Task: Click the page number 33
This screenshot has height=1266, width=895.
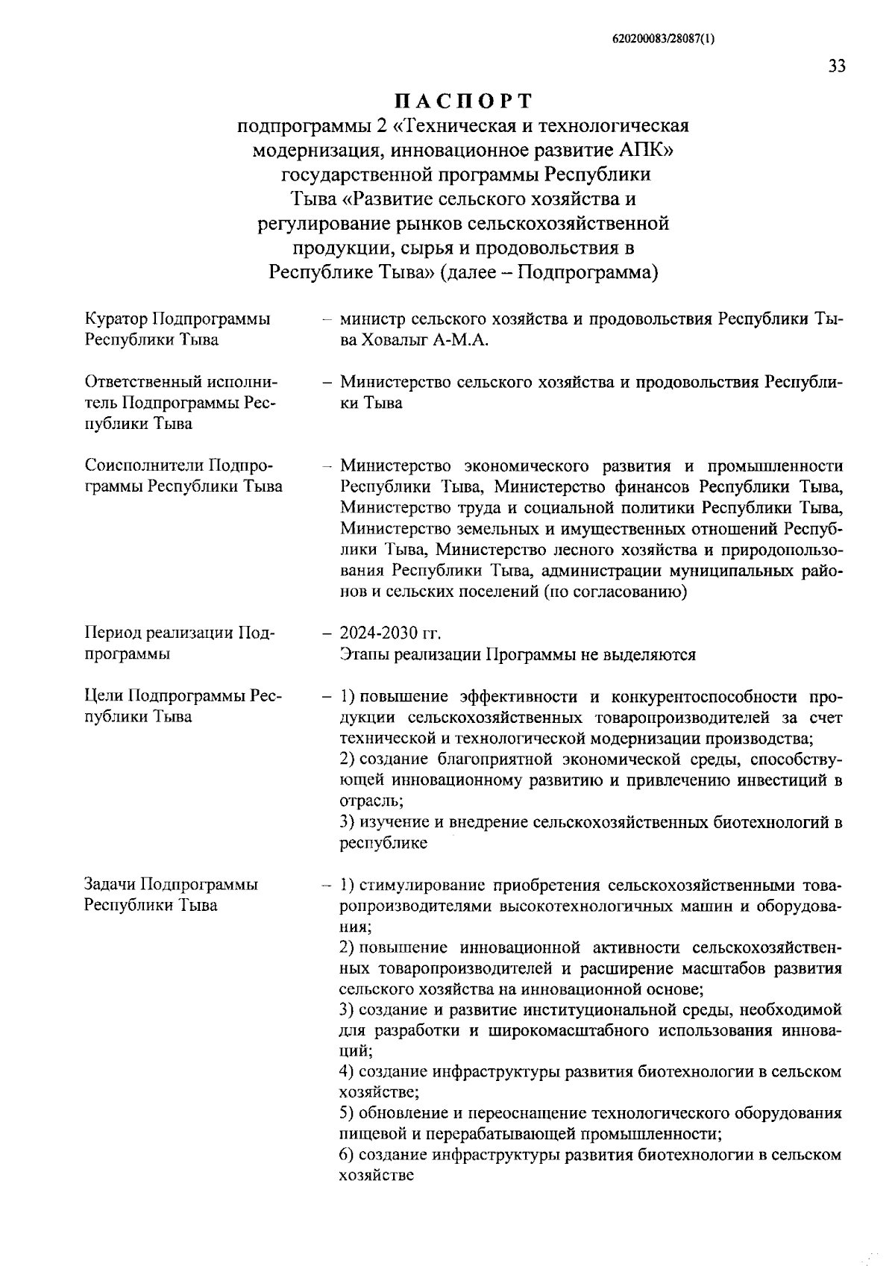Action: (x=836, y=66)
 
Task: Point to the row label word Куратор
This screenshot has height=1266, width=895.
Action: (x=116, y=319)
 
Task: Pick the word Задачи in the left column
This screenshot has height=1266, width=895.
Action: (x=111, y=885)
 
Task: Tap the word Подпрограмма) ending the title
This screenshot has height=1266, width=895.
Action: (x=588, y=272)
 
